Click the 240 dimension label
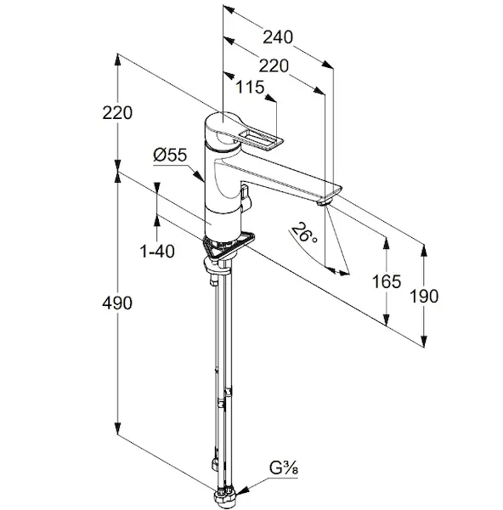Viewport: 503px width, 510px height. point(278,37)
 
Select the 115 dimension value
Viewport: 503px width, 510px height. point(250,88)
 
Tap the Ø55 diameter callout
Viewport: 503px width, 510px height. point(170,155)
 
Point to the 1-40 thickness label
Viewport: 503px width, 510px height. point(157,251)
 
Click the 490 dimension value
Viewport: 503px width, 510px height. point(117,303)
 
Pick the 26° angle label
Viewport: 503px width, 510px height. point(304,233)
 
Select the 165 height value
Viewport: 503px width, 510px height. point(387,281)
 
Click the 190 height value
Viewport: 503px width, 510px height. point(424,297)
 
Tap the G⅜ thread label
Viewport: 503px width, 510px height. point(284,469)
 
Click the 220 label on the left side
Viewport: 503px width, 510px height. point(117,113)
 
